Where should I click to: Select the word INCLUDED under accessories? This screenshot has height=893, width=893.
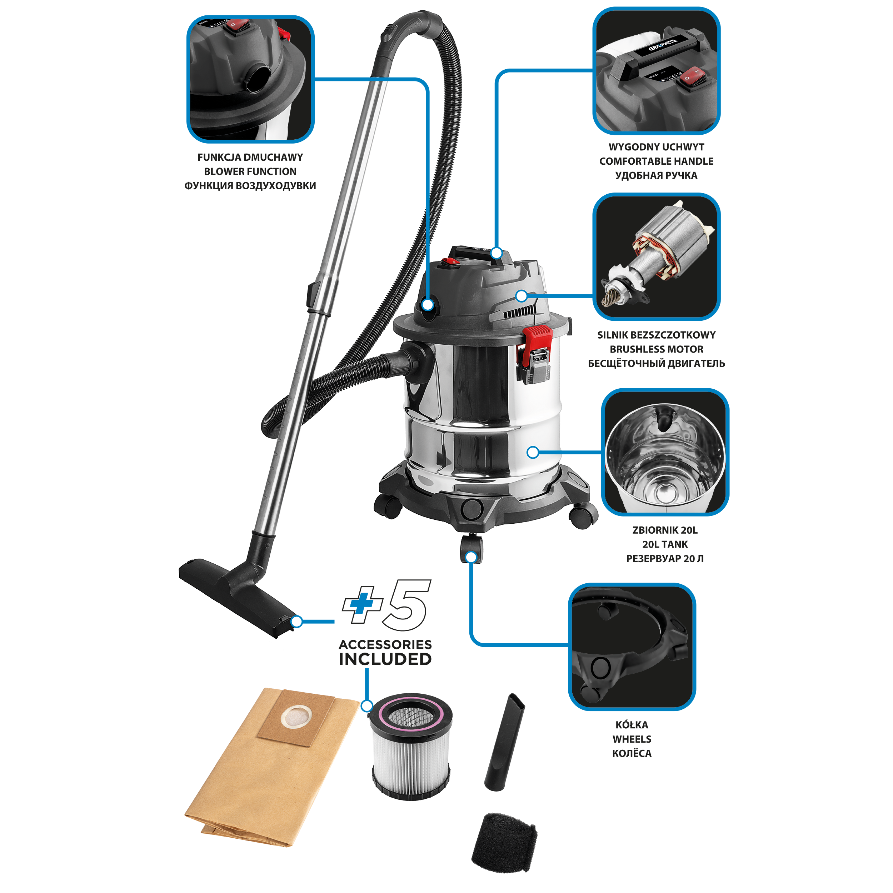click(x=385, y=659)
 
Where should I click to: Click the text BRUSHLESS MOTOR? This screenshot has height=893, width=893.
click(x=656, y=349)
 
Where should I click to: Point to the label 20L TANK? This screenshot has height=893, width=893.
click(x=665, y=544)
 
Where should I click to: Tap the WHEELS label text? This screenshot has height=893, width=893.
click(x=632, y=739)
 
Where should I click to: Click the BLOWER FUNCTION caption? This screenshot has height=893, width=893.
click(x=250, y=171)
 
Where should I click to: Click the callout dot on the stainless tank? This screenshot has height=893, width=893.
click(x=533, y=452)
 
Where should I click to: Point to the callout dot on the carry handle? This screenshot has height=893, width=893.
click(x=497, y=253)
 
